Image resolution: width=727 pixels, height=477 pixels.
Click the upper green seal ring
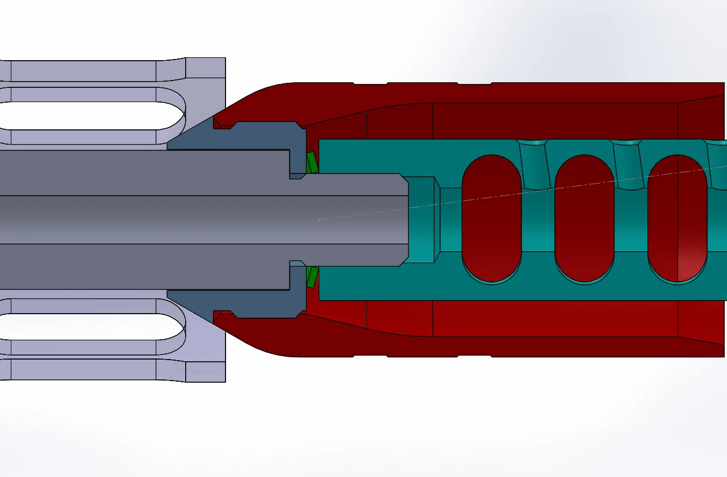point(312,163)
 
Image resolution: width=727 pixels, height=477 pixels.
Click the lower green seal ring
point(312,277)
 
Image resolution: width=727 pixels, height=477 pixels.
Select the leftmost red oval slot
point(492,218)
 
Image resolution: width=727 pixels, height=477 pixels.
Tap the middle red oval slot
point(584,218)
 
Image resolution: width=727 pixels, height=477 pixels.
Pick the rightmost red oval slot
point(678,218)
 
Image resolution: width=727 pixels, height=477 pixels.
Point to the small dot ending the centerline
point(319,219)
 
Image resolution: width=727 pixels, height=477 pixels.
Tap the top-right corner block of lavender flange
point(206,68)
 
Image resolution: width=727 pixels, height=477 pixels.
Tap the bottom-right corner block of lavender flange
point(206,372)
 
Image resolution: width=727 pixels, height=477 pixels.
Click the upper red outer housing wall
point(511,93)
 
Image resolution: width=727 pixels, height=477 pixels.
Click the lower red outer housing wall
point(511,346)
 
